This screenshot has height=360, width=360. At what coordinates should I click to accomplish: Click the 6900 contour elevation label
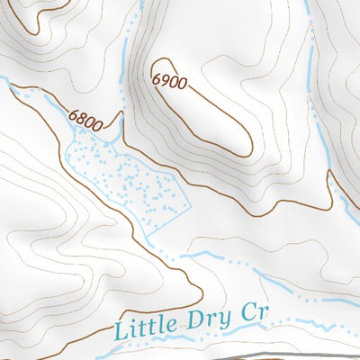click(x=169, y=82)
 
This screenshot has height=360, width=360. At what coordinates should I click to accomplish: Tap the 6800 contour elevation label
click(x=84, y=117)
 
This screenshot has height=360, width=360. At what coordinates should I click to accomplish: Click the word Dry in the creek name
click(x=212, y=318)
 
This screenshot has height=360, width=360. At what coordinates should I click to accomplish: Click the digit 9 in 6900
click(x=165, y=81)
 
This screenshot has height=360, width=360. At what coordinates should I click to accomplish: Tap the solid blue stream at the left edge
click(x=7, y=83)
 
